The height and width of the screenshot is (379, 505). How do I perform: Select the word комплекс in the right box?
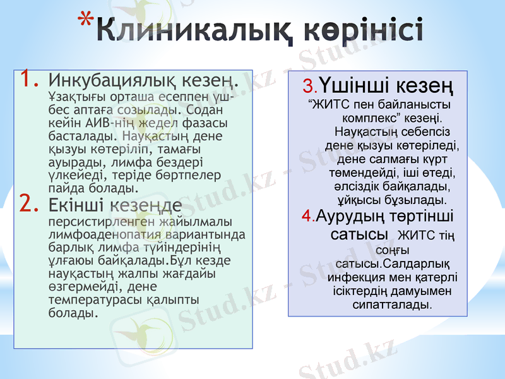369,117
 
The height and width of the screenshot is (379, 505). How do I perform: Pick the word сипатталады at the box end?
392,304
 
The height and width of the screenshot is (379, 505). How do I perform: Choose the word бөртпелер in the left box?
189,174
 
